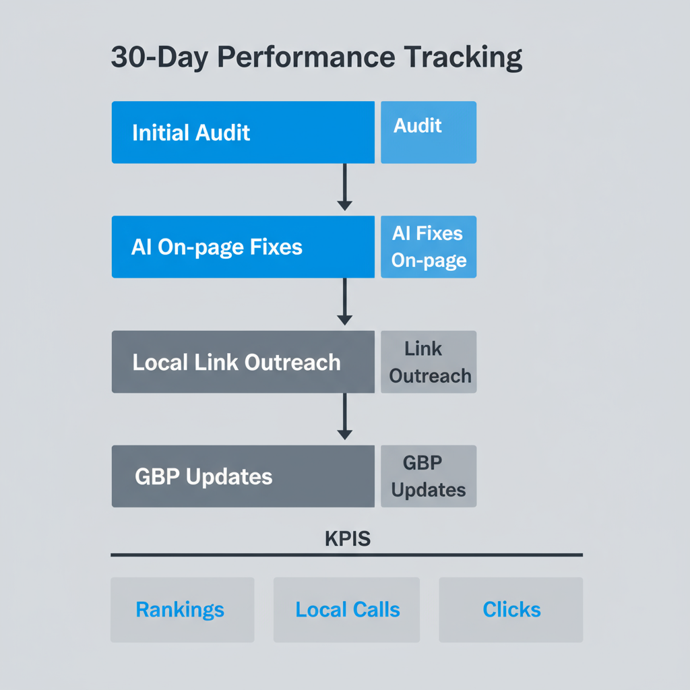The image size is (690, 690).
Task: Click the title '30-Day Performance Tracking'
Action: click(316, 59)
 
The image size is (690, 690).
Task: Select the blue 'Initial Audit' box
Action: click(243, 132)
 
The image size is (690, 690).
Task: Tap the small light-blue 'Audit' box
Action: click(429, 132)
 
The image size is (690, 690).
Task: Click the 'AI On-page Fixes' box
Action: click(243, 247)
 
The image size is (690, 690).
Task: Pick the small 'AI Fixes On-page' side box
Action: click(429, 247)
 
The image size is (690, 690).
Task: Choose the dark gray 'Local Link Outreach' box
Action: click(243, 362)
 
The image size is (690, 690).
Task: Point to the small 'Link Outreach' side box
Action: click(429, 362)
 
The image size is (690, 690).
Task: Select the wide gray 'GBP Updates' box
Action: click(243, 476)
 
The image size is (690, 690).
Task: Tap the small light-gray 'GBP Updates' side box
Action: click(429, 476)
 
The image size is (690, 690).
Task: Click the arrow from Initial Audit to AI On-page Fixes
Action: click(344, 187)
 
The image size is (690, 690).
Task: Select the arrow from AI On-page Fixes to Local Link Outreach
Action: click(344, 301)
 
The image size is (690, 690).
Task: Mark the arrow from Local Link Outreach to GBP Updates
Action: click(344, 416)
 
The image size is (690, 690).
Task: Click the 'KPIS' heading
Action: click(347, 539)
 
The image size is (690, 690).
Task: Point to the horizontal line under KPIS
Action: click(346, 555)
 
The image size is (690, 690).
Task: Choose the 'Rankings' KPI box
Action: click(182, 610)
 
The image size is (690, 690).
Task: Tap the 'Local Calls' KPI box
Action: click(346, 610)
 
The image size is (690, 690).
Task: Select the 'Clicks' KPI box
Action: click(511, 610)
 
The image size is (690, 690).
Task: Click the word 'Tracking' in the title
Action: click(464, 59)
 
